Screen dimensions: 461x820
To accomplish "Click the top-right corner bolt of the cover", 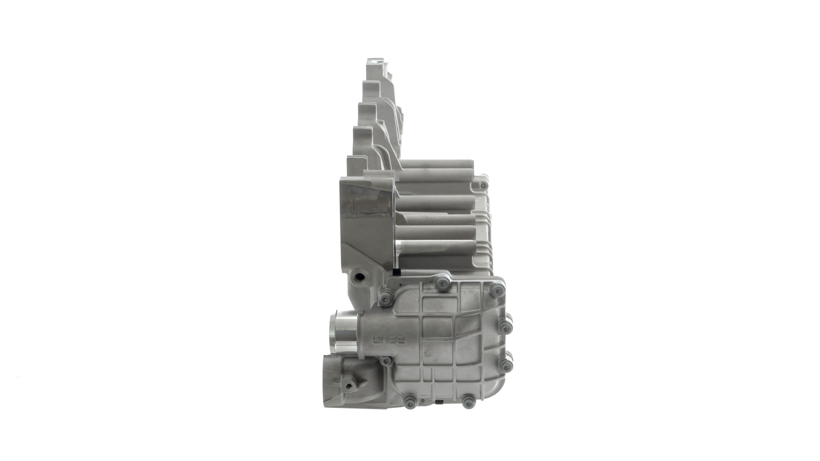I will tap(497, 291).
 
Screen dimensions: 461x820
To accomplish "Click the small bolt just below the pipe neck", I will tap(387, 362).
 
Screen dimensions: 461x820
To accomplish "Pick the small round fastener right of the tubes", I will tap(483, 186).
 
